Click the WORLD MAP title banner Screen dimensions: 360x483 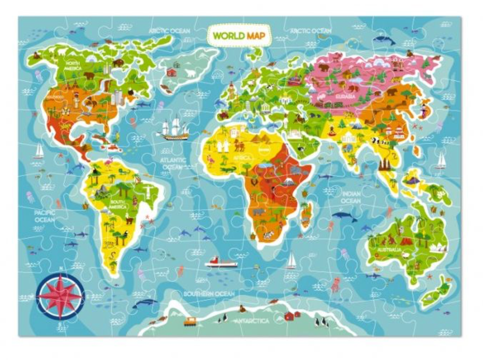point(239,35)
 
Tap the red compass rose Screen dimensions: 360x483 point(60,295)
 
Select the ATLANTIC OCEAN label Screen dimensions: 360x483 point(173,163)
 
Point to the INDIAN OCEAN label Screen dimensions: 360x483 point(351,197)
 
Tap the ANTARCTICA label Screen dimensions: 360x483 point(252,321)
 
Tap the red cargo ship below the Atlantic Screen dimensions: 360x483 point(221,263)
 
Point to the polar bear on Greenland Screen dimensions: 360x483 point(189,73)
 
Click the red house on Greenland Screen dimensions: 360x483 point(171,72)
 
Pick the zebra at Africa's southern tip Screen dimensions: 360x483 point(267,235)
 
